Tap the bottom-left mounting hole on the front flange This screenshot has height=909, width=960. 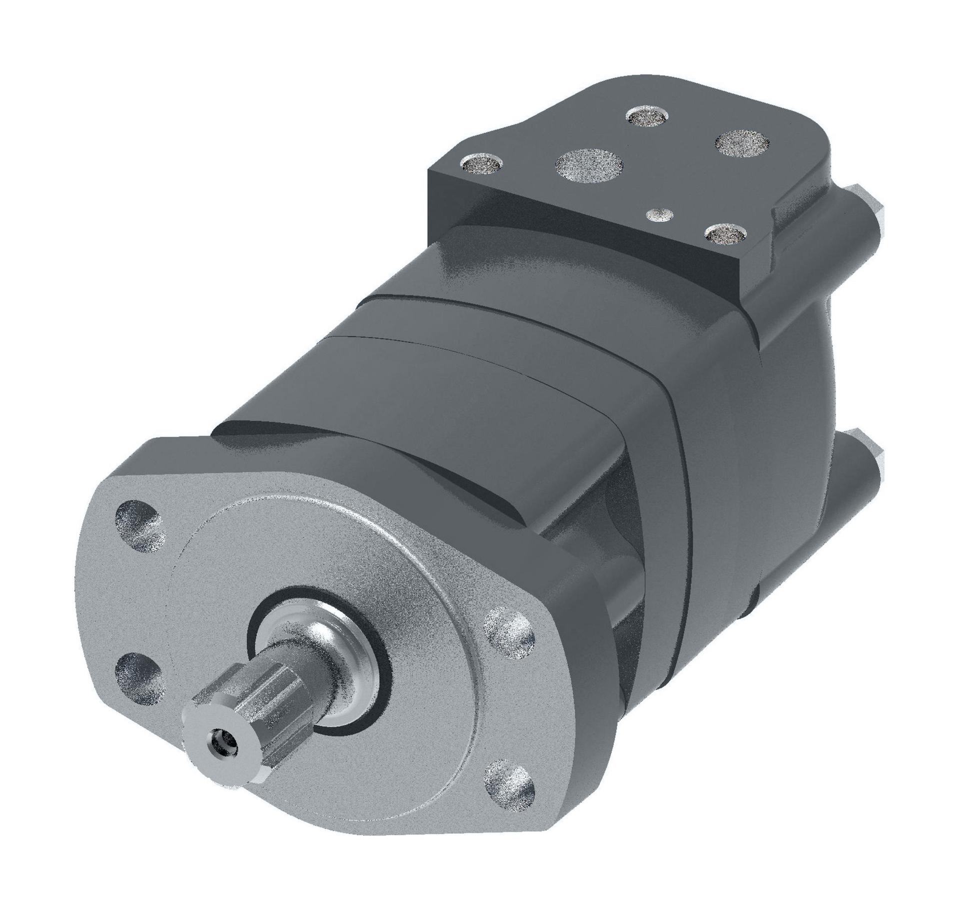[x=139, y=671]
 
